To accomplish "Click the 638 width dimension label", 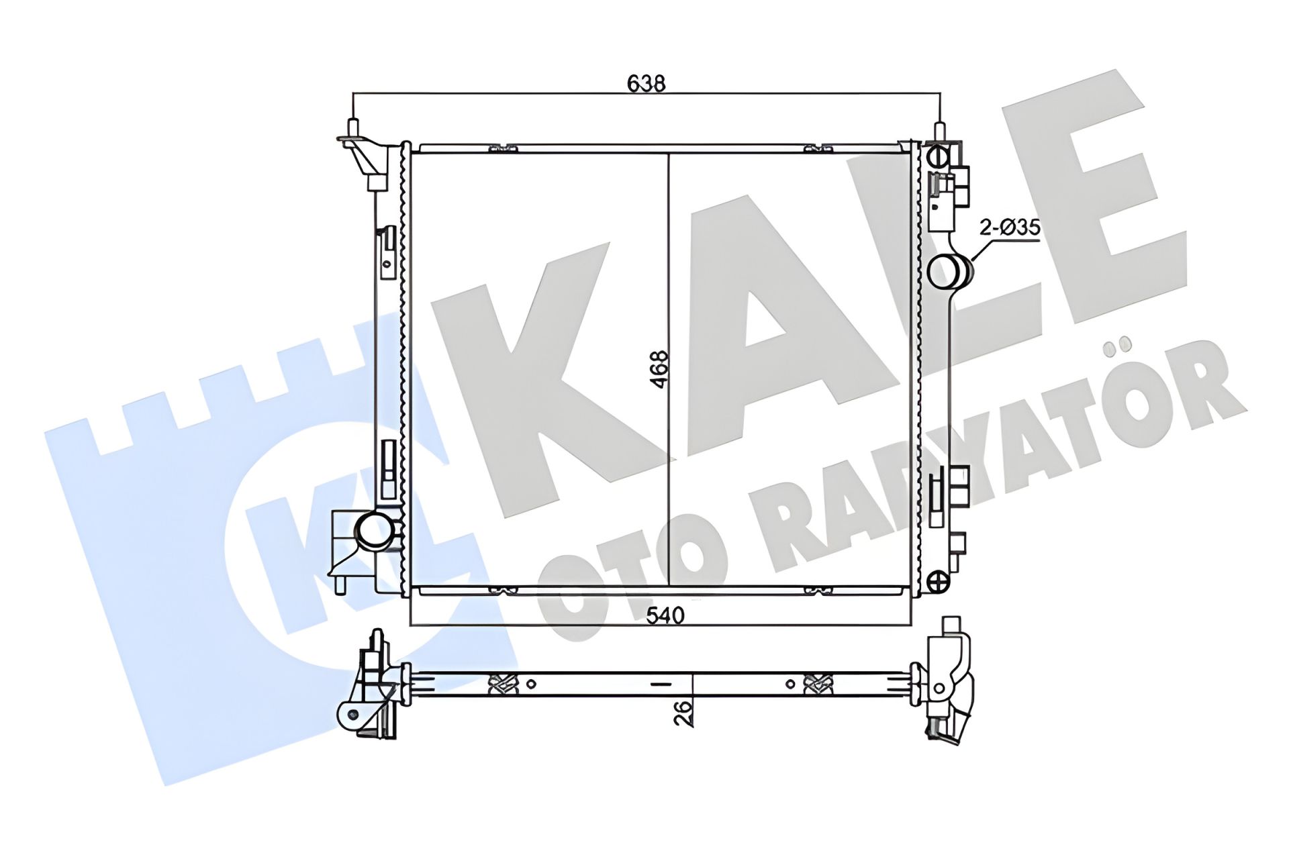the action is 646,83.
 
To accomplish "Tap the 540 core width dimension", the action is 665,615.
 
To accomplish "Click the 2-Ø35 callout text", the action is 1010,228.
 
